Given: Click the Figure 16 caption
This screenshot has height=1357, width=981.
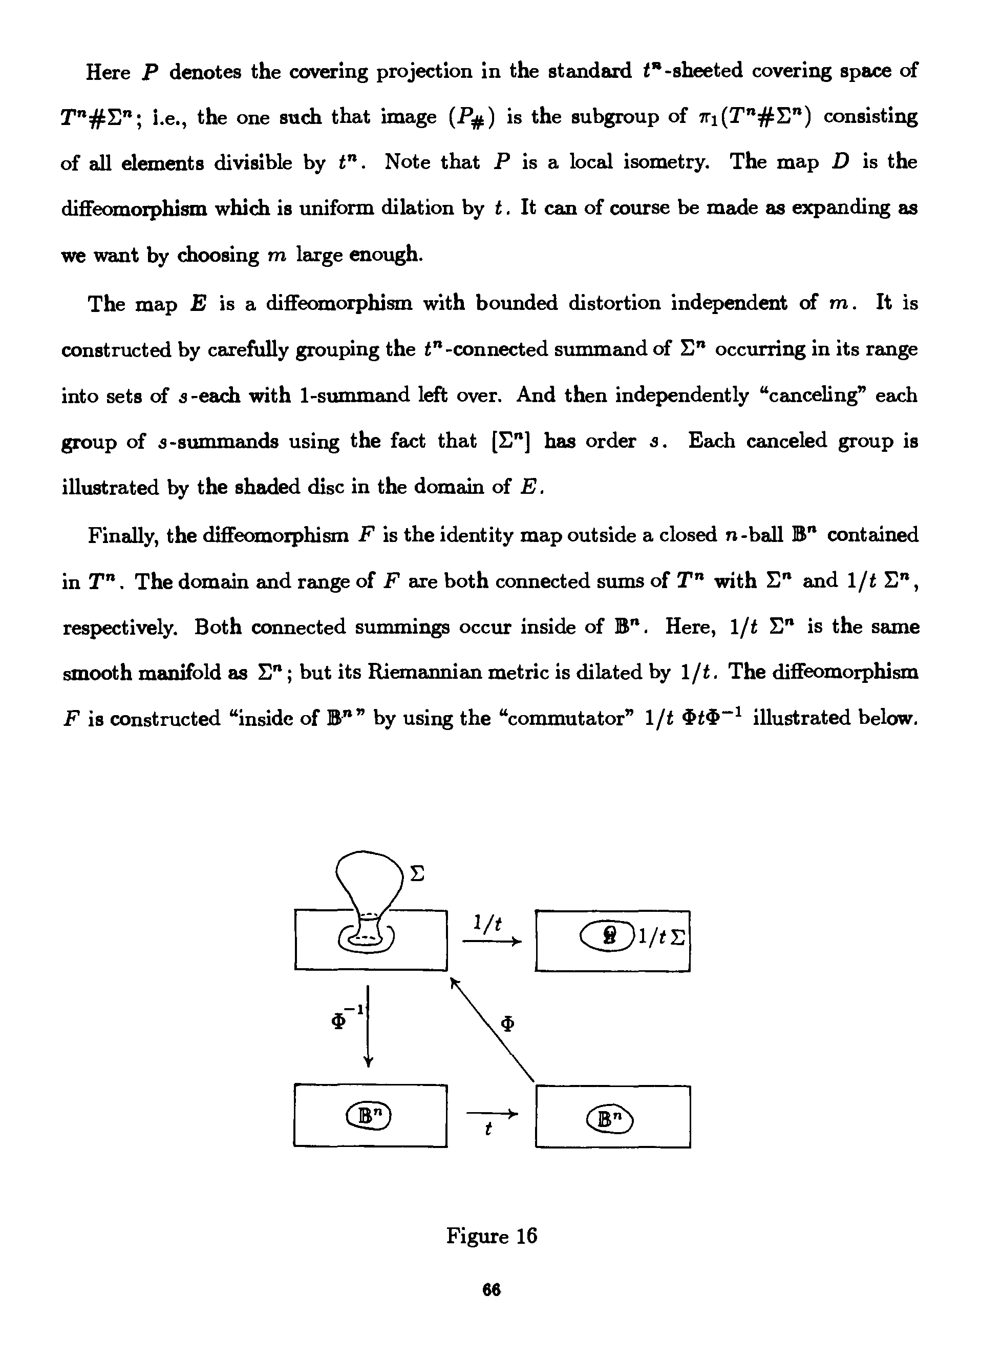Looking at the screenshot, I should (x=491, y=1236).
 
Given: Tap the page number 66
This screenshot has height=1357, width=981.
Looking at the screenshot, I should (x=491, y=1307).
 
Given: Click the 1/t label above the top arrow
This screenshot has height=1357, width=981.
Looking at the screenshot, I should (x=487, y=923).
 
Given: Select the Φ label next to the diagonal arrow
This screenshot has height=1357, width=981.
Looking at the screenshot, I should (x=507, y=1025).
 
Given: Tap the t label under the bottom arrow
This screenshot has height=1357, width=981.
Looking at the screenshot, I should (x=488, y=1130).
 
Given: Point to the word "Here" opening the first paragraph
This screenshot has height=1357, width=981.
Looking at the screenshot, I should (x=108, y=72).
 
